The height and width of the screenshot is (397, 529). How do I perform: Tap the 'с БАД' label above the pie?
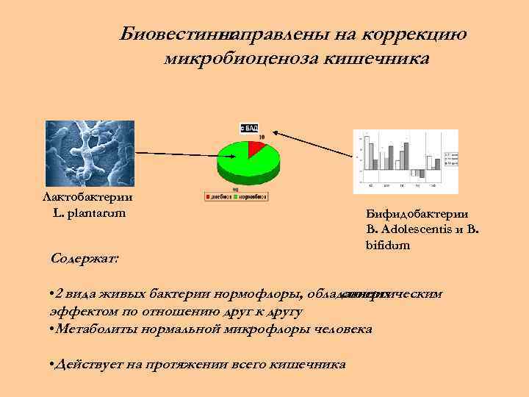(x=249, y=127)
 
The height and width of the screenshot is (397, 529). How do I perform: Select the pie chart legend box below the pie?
(x=236, y=197)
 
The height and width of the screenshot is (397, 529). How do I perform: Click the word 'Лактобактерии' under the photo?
(x=87, y=197)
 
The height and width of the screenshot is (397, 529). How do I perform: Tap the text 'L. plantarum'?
(x=89, y=212)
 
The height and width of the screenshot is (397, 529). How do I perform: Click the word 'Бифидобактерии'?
(x=417, y=213)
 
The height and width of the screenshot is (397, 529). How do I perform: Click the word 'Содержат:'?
(x=86, y=259)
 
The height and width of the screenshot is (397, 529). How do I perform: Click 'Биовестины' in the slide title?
(x=172, y=34)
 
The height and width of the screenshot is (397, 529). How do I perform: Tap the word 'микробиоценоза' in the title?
(x=240, y=57)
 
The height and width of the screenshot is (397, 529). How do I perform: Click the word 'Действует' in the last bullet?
(x=84, y=364)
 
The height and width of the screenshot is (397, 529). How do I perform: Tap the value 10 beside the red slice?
(x=262, y=137)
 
